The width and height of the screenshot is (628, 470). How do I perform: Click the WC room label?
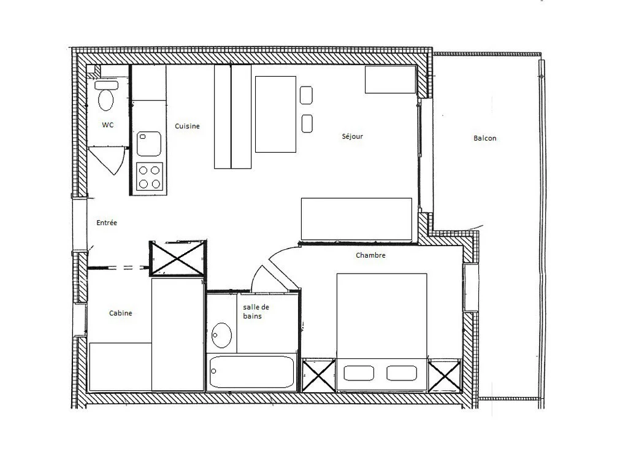click(108, 125)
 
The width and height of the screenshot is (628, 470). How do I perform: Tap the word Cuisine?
click(187, 126)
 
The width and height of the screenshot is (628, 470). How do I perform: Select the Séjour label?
click(353, 136)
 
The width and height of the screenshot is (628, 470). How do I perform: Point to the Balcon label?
click(484, 138)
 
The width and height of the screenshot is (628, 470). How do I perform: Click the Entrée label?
click(107, 223)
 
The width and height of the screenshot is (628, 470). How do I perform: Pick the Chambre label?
click(370, 255)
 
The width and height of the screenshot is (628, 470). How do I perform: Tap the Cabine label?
click(121, 314)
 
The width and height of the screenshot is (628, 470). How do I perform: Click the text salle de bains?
click(256, 312)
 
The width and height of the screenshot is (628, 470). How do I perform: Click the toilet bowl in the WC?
click(106, 100)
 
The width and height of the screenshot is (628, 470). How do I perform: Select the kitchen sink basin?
click(149, 144)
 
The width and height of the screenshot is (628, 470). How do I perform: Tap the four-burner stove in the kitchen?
click(150, 177)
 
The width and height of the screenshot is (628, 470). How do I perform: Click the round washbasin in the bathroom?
click(221, 336)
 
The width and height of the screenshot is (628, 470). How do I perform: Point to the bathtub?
click(251, 372)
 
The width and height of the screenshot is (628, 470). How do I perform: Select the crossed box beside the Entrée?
click(178, 258)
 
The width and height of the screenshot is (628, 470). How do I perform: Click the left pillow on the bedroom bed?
click(359, 373)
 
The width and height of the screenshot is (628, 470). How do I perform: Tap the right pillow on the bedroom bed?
click(402, 373)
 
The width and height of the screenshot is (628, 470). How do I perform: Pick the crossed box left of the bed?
click(318, 376)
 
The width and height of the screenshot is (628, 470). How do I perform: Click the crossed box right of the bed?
click(445, 376)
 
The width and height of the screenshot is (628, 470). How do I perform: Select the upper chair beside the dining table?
click(307, 95)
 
